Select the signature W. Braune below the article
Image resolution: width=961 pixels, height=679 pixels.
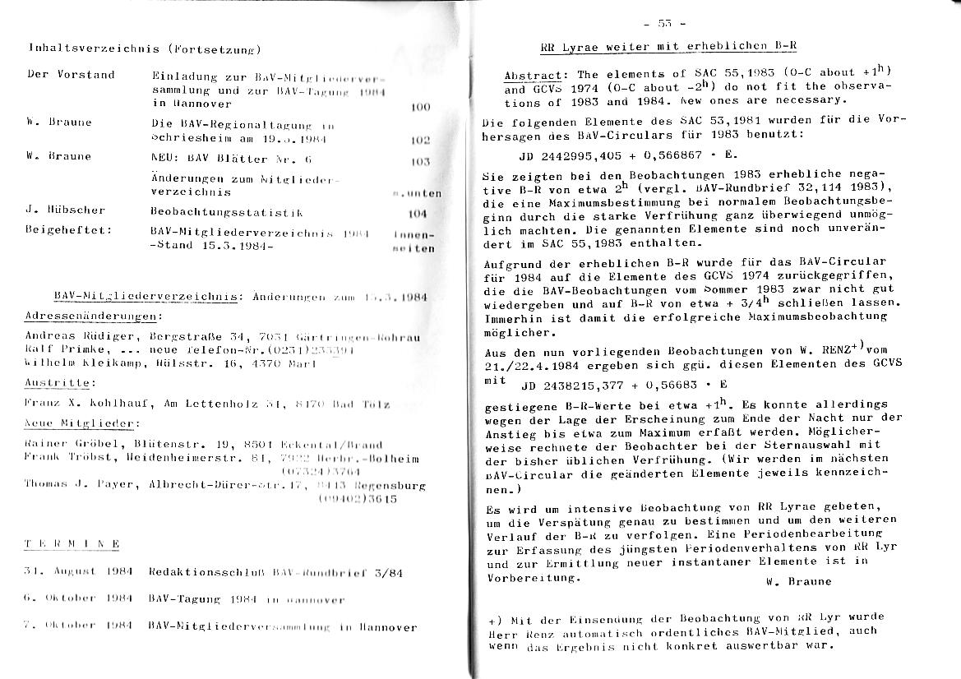coord(797,581)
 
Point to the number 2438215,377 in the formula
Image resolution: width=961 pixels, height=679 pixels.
coord(584,384)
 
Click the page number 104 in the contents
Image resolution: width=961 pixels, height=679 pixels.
coord(418,213)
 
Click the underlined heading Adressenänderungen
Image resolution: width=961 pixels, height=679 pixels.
coord(92,316)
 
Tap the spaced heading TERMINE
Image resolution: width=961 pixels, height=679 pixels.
coord(72,544)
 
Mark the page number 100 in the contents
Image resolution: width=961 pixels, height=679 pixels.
coord(419,107)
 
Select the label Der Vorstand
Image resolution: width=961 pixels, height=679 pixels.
coord(71,75)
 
